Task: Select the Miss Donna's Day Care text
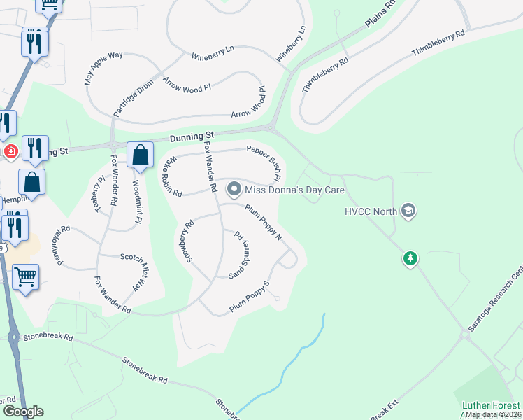coord(296,190)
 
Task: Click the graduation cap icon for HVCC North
coord(409,210)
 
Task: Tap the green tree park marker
coord(410,260)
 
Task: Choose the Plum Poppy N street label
coord(264,222)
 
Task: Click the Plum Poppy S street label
coord(250,297)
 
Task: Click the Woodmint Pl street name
coord(137,202)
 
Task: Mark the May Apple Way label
coord(103,68)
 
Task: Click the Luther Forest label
coord(491,405)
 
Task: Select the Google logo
coord(23,412)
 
